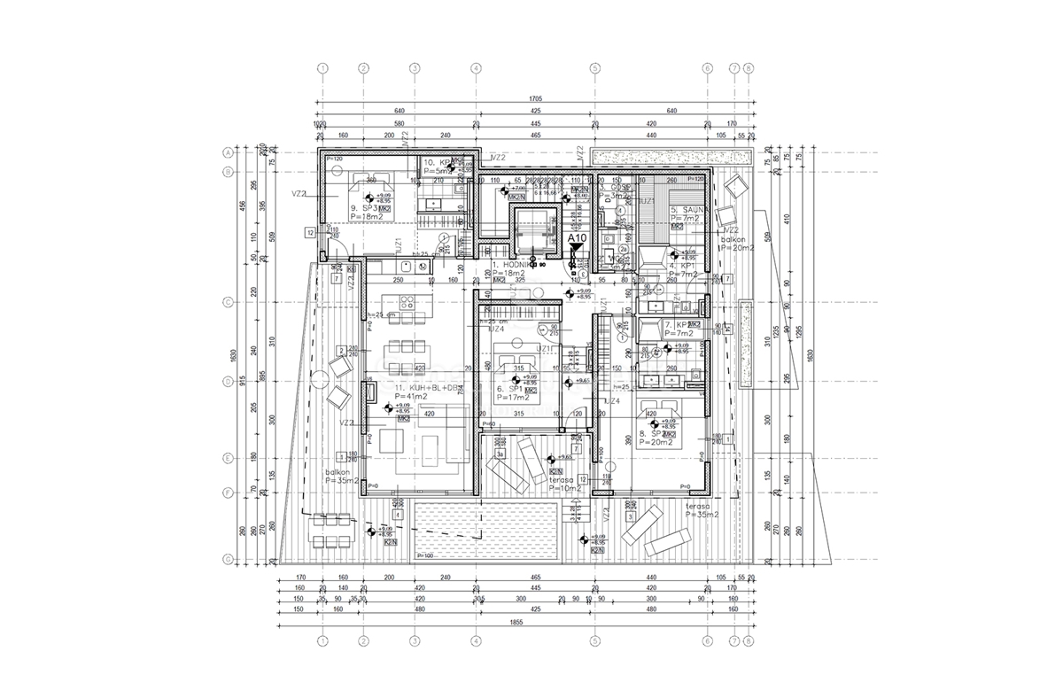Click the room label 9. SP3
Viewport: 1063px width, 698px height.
(x=364, y=209)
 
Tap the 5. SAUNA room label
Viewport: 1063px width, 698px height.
(x=686, y=210)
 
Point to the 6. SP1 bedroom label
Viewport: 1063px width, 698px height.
(x=512, y=389)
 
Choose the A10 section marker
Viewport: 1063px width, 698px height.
(x=577, y=238)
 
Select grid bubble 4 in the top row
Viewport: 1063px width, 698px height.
(x=476, y=67)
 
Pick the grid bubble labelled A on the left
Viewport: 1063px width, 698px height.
(x=227, y=152)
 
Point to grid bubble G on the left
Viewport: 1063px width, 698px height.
(x=227, y=559)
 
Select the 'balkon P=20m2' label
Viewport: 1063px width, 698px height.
(x=735, y=244)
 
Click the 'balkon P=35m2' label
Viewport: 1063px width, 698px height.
(x=340, y=478)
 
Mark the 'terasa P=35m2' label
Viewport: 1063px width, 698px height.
(x=702, y=509)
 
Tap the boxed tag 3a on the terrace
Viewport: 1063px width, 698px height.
(x=500, y=454)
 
